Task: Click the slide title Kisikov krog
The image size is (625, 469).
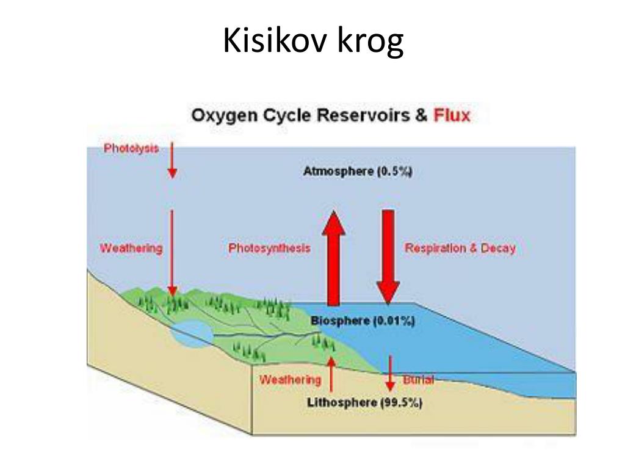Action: point(313,41)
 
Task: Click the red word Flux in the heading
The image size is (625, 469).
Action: point(452,115)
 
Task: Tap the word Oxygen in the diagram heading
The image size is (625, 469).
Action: point(224,115)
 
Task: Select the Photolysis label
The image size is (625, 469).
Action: point(131,148)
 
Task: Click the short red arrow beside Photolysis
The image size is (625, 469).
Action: point(172,160)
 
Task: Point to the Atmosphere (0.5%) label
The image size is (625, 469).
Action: point(358,172)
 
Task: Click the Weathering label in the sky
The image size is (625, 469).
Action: point(131,248)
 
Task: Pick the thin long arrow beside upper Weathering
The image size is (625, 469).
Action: point(172,253)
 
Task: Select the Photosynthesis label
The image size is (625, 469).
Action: point(269,248)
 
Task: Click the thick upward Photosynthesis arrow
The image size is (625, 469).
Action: point(334,258)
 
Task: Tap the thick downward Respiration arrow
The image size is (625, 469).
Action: point(388,257)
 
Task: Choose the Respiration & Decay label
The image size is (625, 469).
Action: point(460,248)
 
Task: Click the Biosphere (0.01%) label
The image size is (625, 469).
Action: point(363,321)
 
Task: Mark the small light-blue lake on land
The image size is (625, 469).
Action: point(192,334)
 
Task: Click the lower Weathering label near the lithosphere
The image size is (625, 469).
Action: point(290,380)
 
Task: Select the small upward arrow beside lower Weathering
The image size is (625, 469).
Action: point(331,374)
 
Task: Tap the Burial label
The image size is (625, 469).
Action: point(418,379)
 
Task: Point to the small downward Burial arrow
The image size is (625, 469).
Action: point(390,373)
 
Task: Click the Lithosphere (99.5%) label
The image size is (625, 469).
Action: point(364,402)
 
